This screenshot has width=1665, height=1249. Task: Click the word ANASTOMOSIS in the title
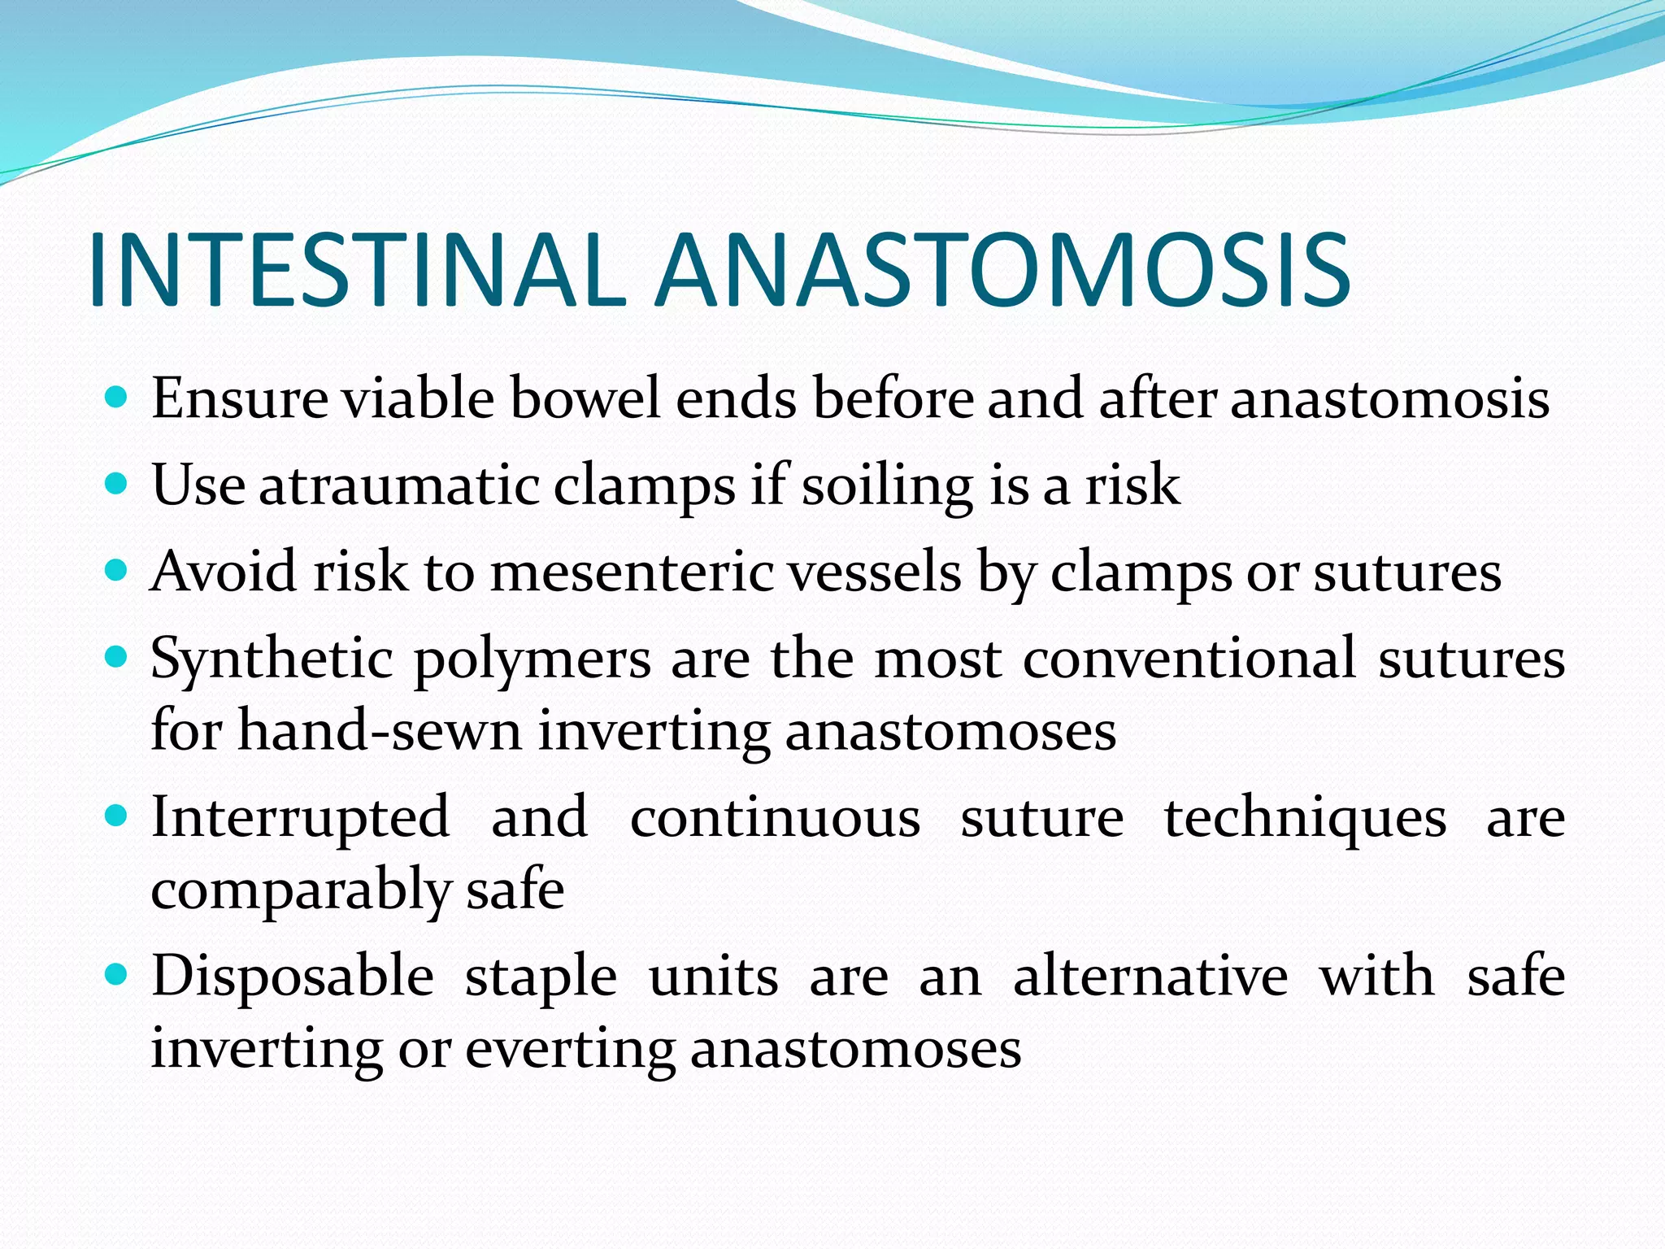(x=1003, y=270)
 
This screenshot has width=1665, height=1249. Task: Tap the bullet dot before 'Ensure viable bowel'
(x=117, y=398)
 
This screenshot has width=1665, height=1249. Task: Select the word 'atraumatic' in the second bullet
(x=399, y=485)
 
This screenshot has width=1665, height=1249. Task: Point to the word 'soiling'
(x=887, y=485)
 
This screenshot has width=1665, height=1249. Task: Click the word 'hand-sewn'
(x=379, y=731)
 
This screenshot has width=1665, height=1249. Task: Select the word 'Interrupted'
(x=300, y=818)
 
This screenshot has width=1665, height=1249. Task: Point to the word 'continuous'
(x=775, y=818)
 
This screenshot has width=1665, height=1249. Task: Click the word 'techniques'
(x=1305, y=818)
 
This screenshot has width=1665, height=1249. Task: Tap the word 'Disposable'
(x=293, y=976)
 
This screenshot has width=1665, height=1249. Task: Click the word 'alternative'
(x=1150, y=976)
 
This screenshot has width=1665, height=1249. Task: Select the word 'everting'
(x=569, y=1049)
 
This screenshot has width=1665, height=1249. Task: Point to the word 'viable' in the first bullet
(x=416, y=398)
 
